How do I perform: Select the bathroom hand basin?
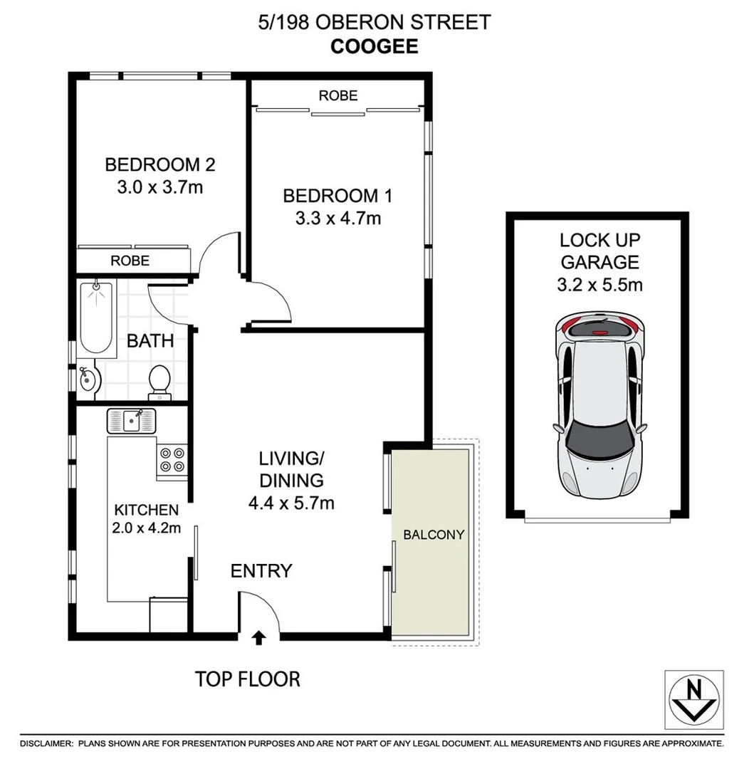tap(87, 380)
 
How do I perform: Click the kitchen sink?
tap(131, 420)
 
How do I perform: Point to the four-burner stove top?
tap(172, 459)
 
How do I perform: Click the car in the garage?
tap(599, 407)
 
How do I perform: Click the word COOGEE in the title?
tap(374, 46)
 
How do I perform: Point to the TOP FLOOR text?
tap(248, 679)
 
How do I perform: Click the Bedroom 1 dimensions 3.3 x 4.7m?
tap(337, 218)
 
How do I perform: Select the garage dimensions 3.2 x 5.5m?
tap(599, 286)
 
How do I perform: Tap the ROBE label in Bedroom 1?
tap(337, 95)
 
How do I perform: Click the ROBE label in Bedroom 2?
tap(130, 261)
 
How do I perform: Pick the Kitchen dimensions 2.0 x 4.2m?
tap(147, 528)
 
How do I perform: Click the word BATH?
tap(150, 340)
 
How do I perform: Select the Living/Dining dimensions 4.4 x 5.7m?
tap(291, 503)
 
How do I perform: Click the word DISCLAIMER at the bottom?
tap(46, 743)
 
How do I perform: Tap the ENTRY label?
tap(261, 570)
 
